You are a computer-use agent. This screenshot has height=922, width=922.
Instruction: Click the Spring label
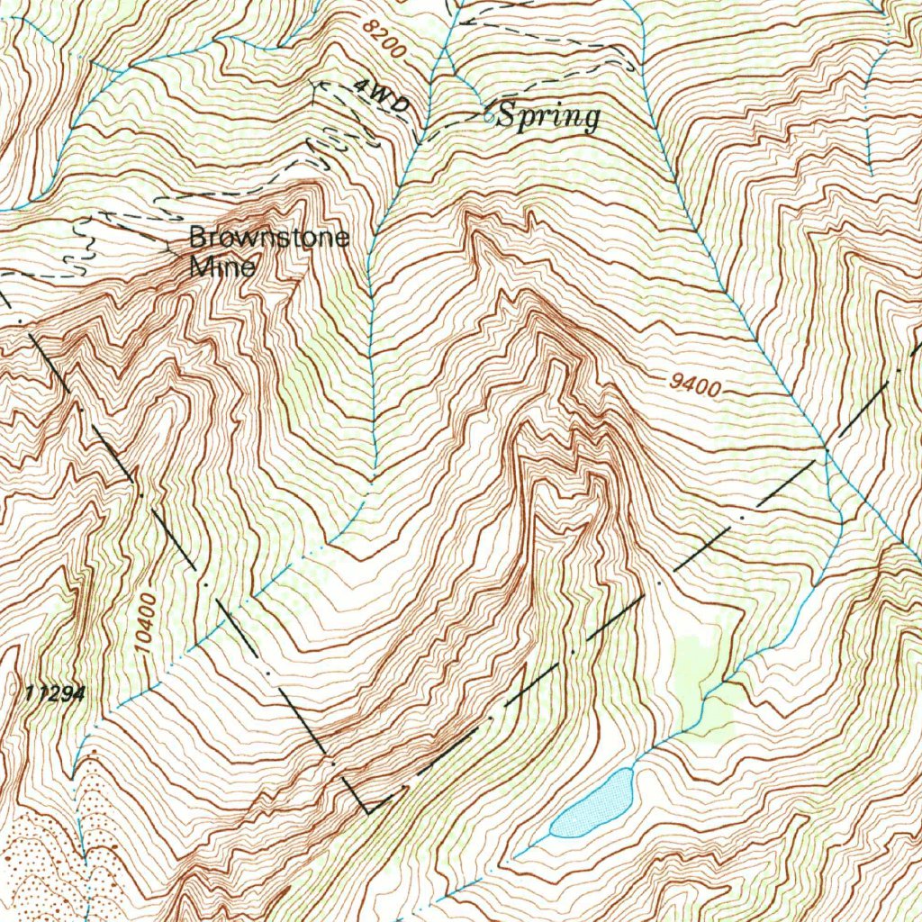(548, 116)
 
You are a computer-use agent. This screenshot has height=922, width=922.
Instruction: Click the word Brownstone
(268, 239)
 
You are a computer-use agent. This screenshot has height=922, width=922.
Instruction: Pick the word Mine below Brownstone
(222, 267)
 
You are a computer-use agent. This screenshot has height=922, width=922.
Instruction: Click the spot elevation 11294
(55, 694)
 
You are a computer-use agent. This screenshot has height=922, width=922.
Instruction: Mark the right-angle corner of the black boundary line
(368, 811)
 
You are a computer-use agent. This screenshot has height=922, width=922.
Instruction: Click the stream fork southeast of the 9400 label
(826, 447)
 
